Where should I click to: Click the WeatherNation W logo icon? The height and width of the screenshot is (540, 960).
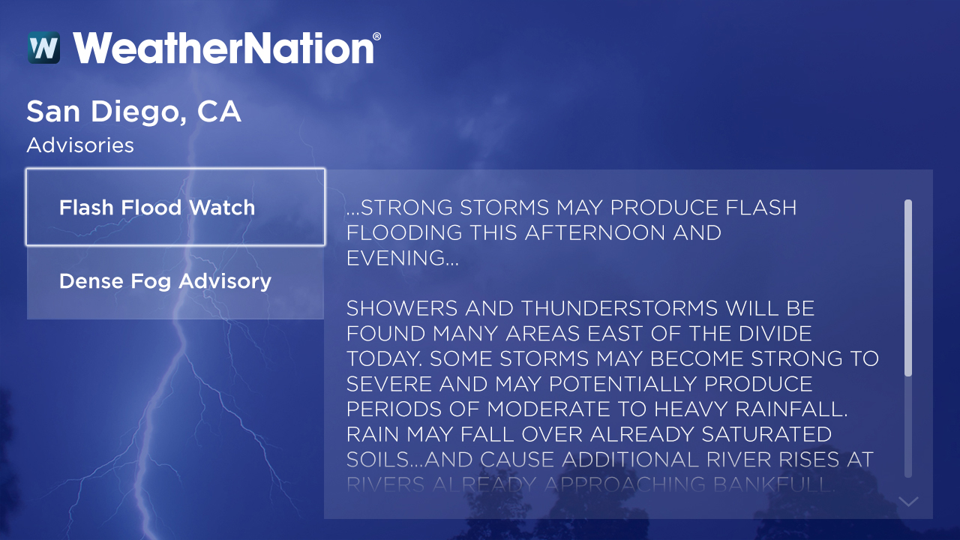coord(43,48)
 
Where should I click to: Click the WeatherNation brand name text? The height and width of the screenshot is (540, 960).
coord(223,48)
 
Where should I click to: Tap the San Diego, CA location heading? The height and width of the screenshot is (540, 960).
coord(133,112)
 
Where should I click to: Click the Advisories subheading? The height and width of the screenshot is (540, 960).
coord(80,145)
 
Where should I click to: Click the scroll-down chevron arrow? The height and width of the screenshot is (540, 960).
coord(908,501)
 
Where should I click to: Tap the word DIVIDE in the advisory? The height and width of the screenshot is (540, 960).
coord(769,334)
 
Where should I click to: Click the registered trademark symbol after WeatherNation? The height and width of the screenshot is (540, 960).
coord(376,37)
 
